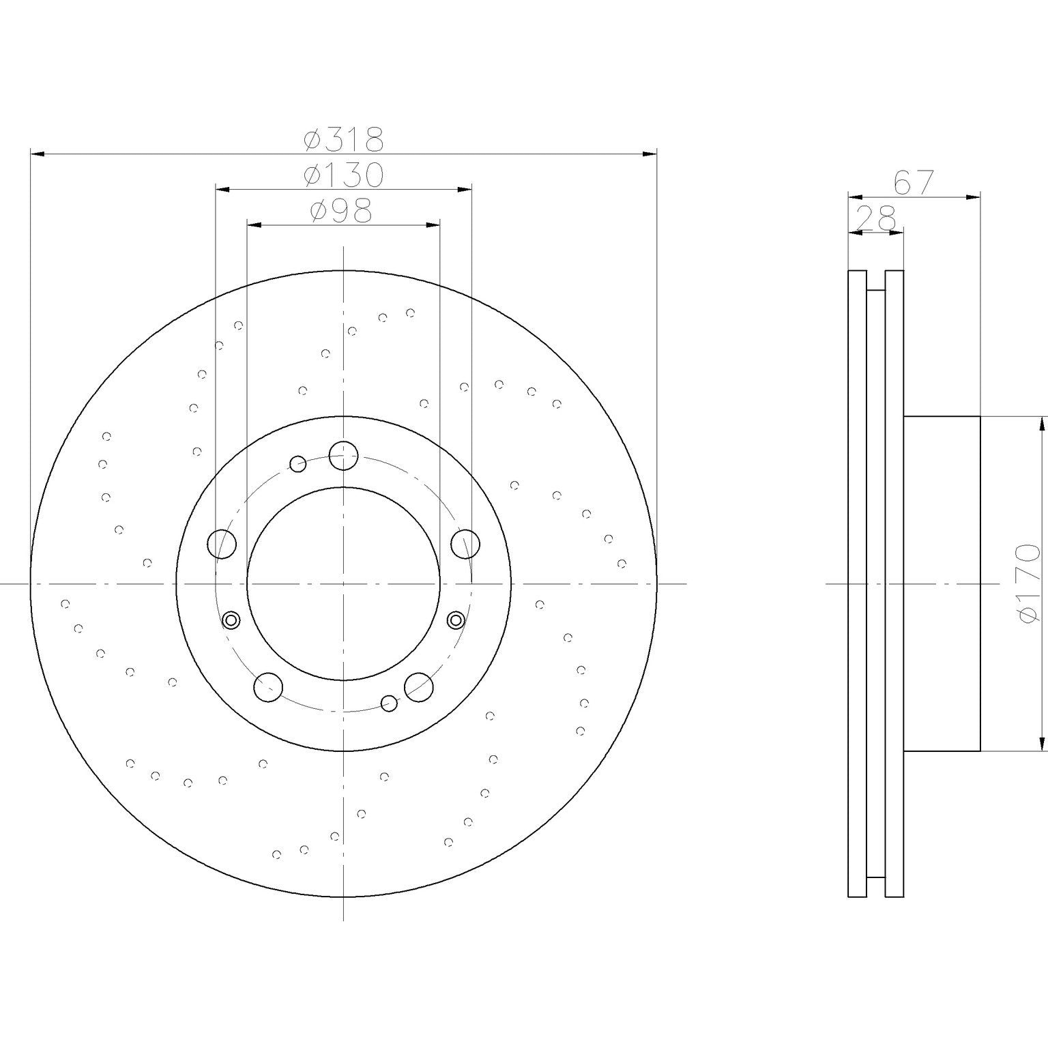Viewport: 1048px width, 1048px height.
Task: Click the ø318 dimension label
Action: [x=344, y=139]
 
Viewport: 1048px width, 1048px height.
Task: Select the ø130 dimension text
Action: [x=344, y=175]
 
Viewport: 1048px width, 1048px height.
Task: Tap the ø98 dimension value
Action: [x=341, y=211]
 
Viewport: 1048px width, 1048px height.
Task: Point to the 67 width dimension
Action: [x=914, y=183]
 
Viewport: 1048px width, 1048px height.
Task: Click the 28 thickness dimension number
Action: [x=875, y=220]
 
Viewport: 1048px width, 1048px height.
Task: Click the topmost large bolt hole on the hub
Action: [x=343, y=455]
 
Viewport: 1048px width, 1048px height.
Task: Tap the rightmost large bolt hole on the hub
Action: [x=465, y=543]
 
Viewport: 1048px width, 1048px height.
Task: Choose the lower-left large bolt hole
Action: [x=268, y=686]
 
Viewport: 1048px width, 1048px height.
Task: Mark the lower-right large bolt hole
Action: [x=419, y=686]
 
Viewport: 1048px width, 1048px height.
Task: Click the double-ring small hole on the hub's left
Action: [x=231, y=620]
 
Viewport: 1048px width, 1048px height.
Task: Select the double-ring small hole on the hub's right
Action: [x=456, y=620]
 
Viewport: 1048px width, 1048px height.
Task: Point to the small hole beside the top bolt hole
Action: [x=297, y=464]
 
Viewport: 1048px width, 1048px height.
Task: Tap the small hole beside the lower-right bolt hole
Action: [x=389, y=703]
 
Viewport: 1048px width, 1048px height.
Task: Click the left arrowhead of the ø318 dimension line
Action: [x=37, y=155]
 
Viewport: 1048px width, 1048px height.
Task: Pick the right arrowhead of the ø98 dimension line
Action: [x=434, y=224]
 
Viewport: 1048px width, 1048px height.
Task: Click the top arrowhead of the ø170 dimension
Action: [x=1041, y=423]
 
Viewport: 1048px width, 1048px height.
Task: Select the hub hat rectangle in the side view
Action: [x=942, y=583]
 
